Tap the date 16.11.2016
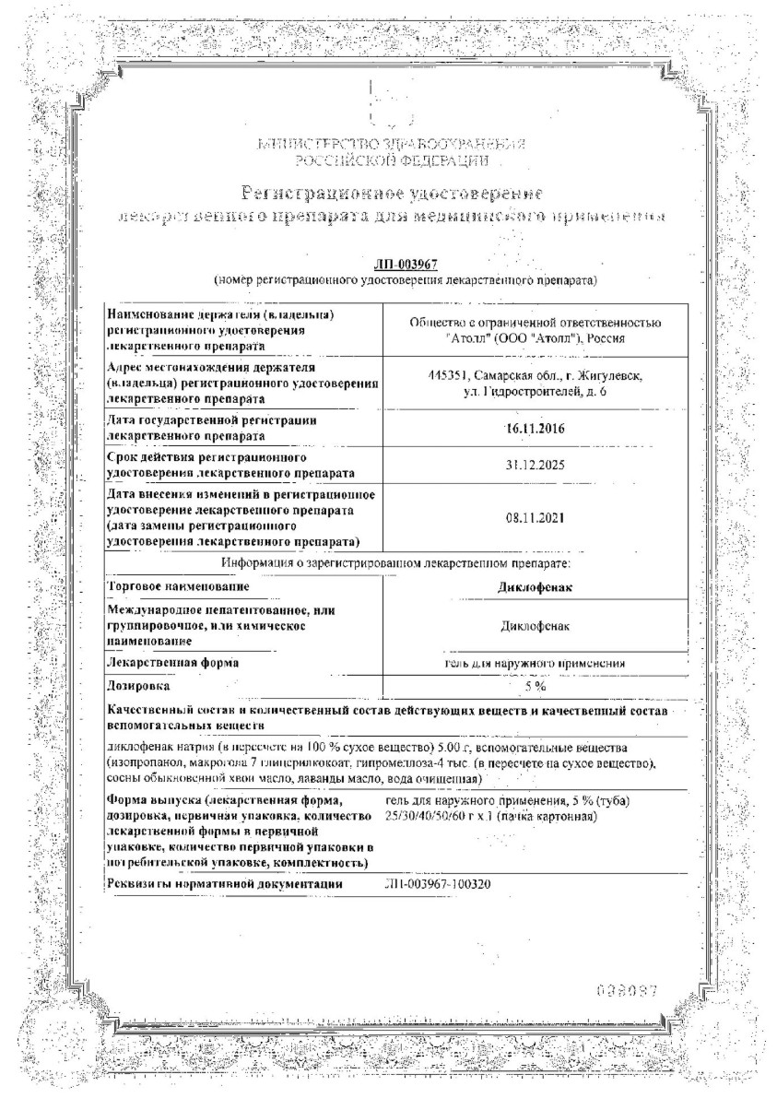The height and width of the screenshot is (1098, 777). pyautogui.click(x=536, y=428)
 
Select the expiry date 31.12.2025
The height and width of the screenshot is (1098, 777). pyautogui.click(x=536, y=466)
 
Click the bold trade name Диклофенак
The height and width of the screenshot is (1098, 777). pyautogui.click(x=536, y=588)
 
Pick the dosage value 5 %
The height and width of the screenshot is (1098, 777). pyautogui.click(x=536, y=687)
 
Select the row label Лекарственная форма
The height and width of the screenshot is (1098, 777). pyautogui.click(x=173, y=663)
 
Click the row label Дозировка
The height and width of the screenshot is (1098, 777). pyautogui.click(x=139, y=687)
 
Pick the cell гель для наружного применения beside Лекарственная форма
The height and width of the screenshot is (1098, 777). pyautogui.click(x=536, y=663)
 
